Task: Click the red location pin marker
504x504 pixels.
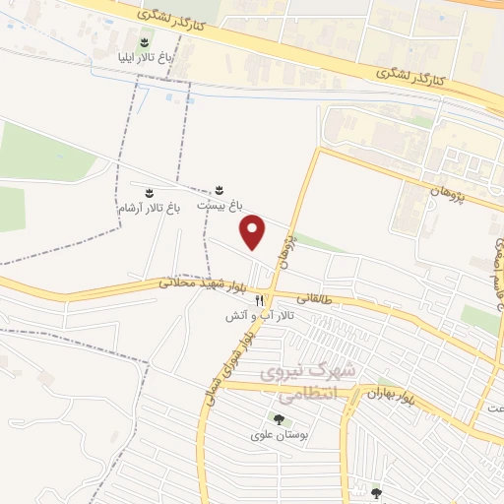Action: coord(254,231)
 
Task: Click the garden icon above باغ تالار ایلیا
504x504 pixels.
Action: coord(146,40)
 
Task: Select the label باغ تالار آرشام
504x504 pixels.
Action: coord(150,208)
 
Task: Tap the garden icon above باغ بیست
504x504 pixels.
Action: coord(220,189)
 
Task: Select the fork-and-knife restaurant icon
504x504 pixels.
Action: coord(260,299)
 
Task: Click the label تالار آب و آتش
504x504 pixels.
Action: coord(260,316)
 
